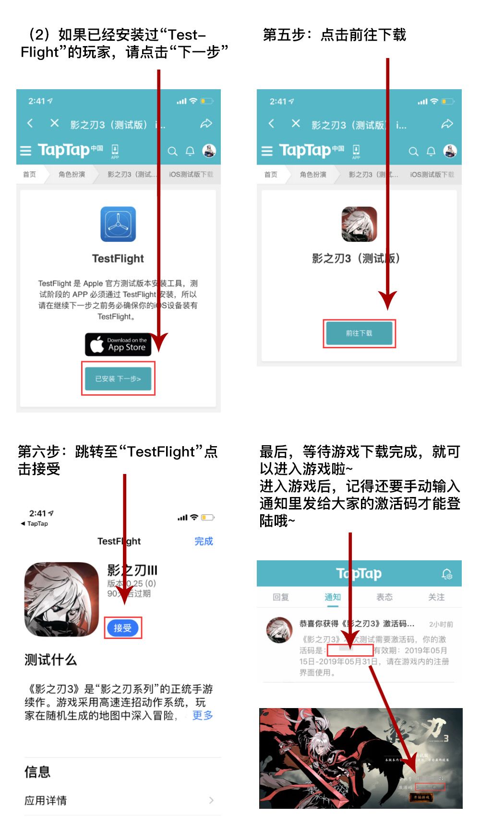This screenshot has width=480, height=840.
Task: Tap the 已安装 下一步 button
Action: coord(118,379)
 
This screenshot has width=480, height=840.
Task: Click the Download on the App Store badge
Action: coord(118,344)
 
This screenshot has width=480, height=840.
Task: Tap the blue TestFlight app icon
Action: coord(118,224)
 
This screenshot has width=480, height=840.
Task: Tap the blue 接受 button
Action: coord(122,628)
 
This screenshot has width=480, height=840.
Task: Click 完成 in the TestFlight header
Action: coord(204,541)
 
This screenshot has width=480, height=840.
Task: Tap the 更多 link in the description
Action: coord(202,715)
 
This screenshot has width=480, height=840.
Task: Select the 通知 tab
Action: coord(332,597)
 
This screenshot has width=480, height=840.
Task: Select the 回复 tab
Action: coord(280,597)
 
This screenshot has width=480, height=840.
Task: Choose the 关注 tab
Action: coord(436,597)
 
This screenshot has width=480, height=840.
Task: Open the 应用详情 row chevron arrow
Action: coord(211,800)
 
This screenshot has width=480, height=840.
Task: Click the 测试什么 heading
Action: coord(50,660)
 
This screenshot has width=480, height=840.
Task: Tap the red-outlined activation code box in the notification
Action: coord(350,650)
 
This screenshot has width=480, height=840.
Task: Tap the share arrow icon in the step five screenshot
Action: coord(447,124)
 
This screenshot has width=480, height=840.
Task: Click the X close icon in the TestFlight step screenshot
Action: coord(55,123)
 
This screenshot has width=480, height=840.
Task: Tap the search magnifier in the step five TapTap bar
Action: coord(413,152)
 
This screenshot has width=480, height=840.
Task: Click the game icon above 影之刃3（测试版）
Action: coord(359,224)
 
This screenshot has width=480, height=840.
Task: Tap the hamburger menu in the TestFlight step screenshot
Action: coord(25,151)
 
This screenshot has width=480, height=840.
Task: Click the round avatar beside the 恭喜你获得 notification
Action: coord(279,630)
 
